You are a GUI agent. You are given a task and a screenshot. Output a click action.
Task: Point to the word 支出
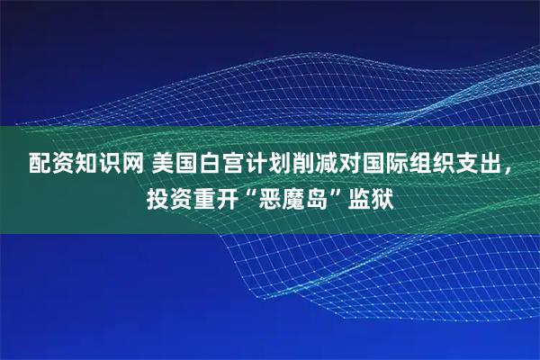[x=496, y=165]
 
